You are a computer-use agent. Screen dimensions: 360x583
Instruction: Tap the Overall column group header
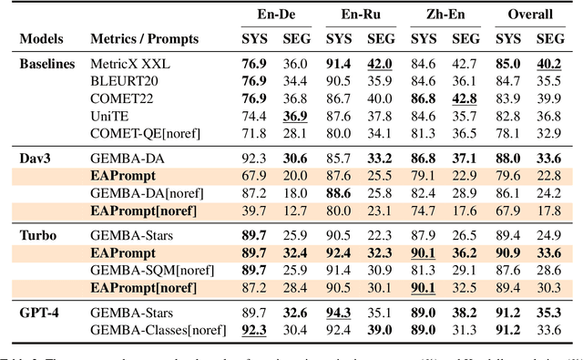coord(529,15)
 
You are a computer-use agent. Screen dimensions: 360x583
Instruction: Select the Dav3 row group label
coord(34,157)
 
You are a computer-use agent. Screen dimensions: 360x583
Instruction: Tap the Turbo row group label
coord(36,233)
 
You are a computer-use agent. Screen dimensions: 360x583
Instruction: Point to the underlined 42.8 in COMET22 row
coord(465,98)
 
